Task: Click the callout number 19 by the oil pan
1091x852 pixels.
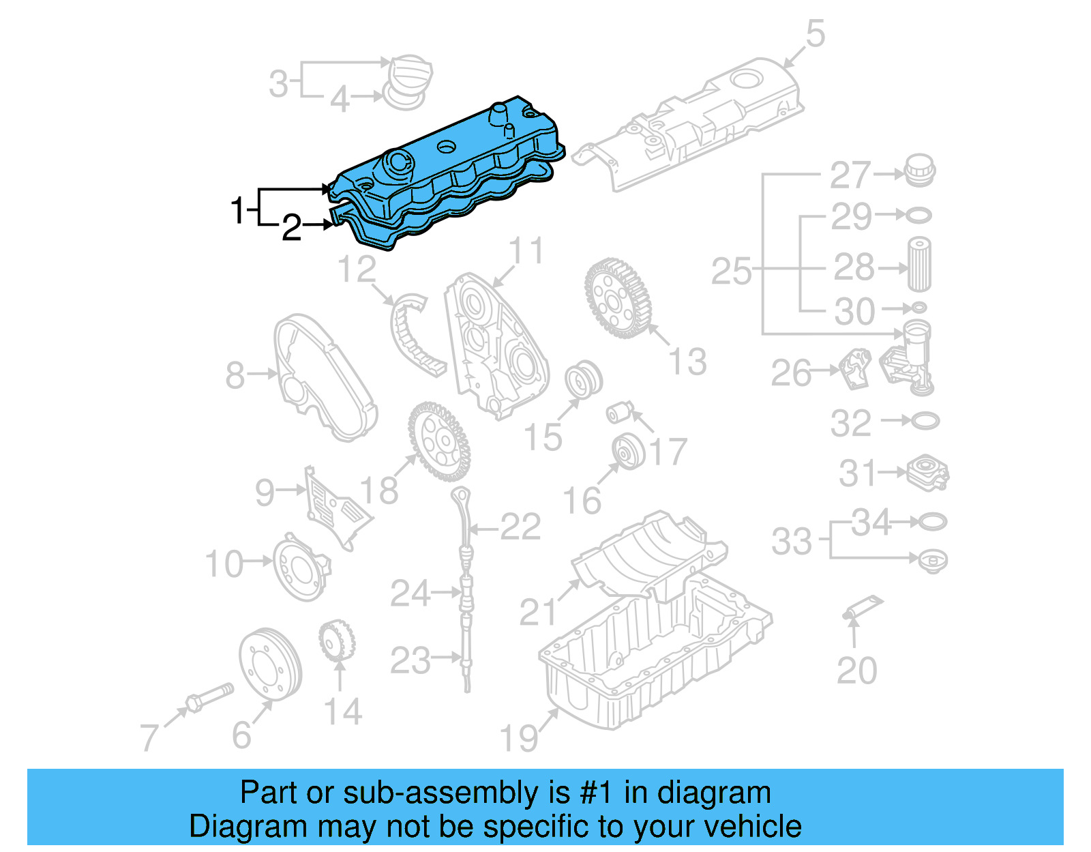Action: pyautogui.click(x=519, y=737)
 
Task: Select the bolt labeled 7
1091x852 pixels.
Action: pyautogui.click(x=208, y=696)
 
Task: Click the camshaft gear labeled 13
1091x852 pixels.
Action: pyautogui.click(x=617, y=297)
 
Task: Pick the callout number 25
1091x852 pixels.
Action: pyautogui.click(x=731, y=271)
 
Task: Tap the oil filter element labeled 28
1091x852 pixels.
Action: pyautogui.click(x=918, y=265)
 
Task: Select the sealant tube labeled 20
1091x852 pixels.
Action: pyautogui.click(x=862, y=607)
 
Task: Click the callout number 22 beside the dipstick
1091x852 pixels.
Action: pyautogui.click(x=520, y=527)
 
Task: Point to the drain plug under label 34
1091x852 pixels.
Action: pyautogui.click(x=933, y=561)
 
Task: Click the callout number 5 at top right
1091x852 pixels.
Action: pyautogui.click(x=816, y=34)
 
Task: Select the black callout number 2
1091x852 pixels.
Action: pyautogui.click(x=291, y=228)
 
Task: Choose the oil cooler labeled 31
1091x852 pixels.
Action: pyautogui.click(x=927, y=473)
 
